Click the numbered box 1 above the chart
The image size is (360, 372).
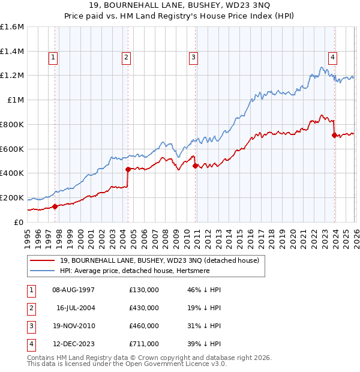point(53,58)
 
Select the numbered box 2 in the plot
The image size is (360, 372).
point(127,58)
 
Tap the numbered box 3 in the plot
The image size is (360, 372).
point(194,58)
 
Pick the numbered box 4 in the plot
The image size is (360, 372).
point(332,58)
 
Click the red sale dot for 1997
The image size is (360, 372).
point(55,206)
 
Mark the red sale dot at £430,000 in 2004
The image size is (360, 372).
point(128,169)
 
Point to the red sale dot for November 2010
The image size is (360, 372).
point(196,166)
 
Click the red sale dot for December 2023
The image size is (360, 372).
point(334,135)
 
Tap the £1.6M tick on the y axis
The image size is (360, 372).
point(12,27)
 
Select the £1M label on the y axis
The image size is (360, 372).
point(16,100)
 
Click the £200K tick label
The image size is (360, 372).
point(12,197)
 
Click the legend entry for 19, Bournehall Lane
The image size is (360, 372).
point(159,260)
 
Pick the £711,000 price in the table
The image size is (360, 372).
point(143,344)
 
